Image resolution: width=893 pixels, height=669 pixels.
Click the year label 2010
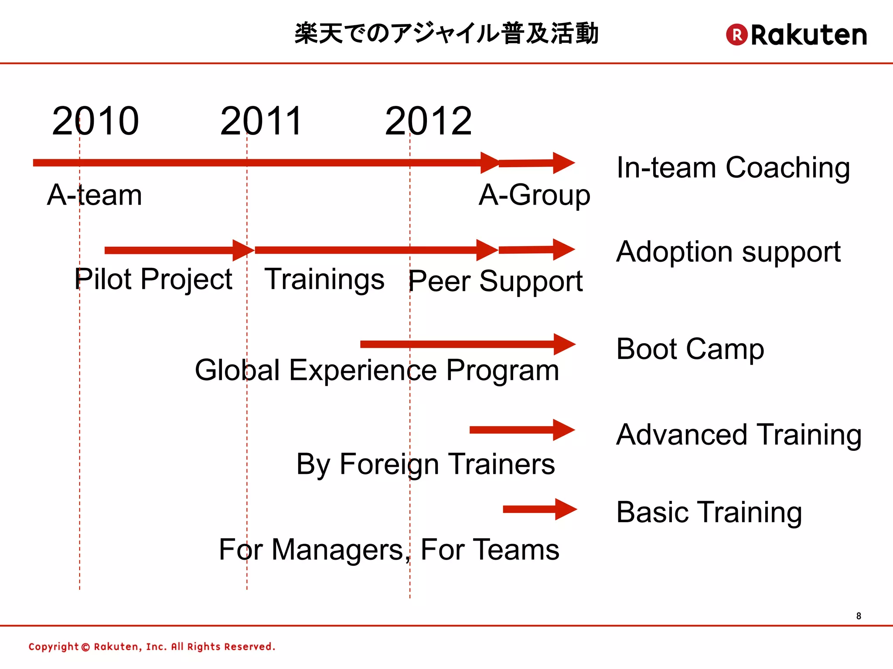[95, 121]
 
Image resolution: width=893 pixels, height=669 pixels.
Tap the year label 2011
[261, 121]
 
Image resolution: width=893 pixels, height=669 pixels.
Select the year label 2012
[428, 121]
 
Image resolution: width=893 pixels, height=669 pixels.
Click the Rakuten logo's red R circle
[736, 34]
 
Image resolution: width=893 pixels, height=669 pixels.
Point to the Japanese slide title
[446, 34]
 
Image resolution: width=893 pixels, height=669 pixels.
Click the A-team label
[95, 195]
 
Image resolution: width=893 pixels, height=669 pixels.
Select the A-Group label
[534, 195]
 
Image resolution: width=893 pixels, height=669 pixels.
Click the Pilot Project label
[153, 279]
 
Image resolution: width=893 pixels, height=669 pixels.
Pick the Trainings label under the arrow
[324, 279]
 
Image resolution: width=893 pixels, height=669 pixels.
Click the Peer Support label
[495, 281]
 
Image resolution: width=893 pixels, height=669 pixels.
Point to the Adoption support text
[728, 252]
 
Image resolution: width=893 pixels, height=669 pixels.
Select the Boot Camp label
[690, 349]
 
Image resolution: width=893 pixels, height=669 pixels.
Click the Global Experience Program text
[377, 370]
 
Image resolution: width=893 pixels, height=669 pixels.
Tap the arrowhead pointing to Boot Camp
[564, 345]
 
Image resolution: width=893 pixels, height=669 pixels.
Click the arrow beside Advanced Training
[521, 430]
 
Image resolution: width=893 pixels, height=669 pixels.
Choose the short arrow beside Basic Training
[540, 509]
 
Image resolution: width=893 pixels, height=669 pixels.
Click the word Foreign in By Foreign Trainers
[389, 464]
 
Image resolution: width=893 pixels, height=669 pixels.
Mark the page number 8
[858, 616]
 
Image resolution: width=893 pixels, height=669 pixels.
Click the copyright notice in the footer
[152, 646]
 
